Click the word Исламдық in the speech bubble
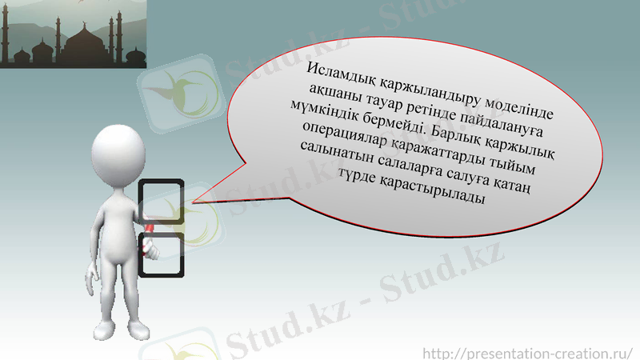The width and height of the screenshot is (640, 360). pos(343,71)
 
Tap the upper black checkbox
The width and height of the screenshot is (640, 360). pos(162,201)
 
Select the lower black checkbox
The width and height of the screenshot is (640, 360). pos(163,254)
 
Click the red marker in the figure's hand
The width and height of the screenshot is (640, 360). pos(150,235)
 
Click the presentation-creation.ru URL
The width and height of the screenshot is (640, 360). pos(527,352)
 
